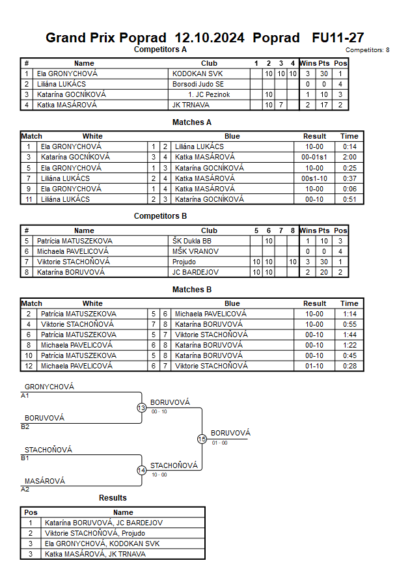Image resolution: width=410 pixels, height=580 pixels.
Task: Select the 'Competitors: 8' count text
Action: coord(367,50)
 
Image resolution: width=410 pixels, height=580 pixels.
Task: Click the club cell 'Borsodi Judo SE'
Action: coord(198,84)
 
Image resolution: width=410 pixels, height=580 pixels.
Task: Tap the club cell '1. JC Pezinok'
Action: coord(209,94)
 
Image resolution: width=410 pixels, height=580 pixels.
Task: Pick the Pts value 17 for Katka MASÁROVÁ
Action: coord(323,105)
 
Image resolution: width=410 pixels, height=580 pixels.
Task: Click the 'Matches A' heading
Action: coord(191,122)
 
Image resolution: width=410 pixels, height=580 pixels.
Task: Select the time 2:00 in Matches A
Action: coord(349,157)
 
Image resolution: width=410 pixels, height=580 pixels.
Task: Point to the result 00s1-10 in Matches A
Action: coord(314,178)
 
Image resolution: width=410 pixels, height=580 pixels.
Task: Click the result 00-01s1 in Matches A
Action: coord(314,157)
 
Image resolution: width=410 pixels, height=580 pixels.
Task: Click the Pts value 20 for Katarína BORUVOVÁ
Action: coord(323,272)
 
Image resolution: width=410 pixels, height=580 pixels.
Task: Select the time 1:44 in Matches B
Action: coord(349,335)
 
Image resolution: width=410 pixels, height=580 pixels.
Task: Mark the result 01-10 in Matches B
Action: coord(314,366)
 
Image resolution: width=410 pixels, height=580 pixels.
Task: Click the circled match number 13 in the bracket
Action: coord(141,408)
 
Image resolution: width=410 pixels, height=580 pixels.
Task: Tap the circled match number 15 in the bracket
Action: coord(202,439)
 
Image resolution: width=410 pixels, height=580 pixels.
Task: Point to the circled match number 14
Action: coord(141,471)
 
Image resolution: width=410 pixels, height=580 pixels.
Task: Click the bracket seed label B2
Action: coord(25,426)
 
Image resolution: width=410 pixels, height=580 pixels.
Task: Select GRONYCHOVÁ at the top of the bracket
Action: coord(49,387)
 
